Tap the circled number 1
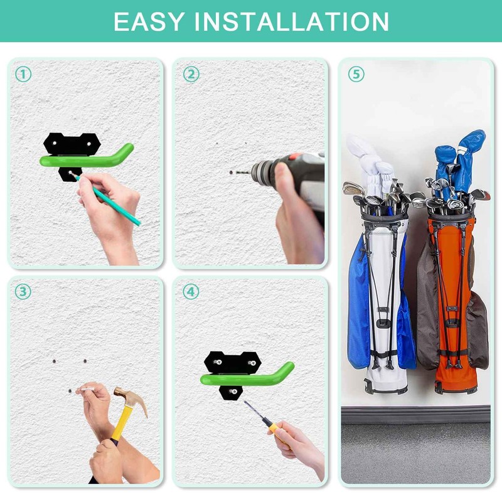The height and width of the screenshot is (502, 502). tap(23, 75)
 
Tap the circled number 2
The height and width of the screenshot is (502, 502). tap(191, 75)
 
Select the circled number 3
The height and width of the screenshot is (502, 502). tap(23, 292)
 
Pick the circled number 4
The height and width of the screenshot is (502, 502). tap(191, 292)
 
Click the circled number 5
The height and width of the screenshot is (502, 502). tap(356, 75)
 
